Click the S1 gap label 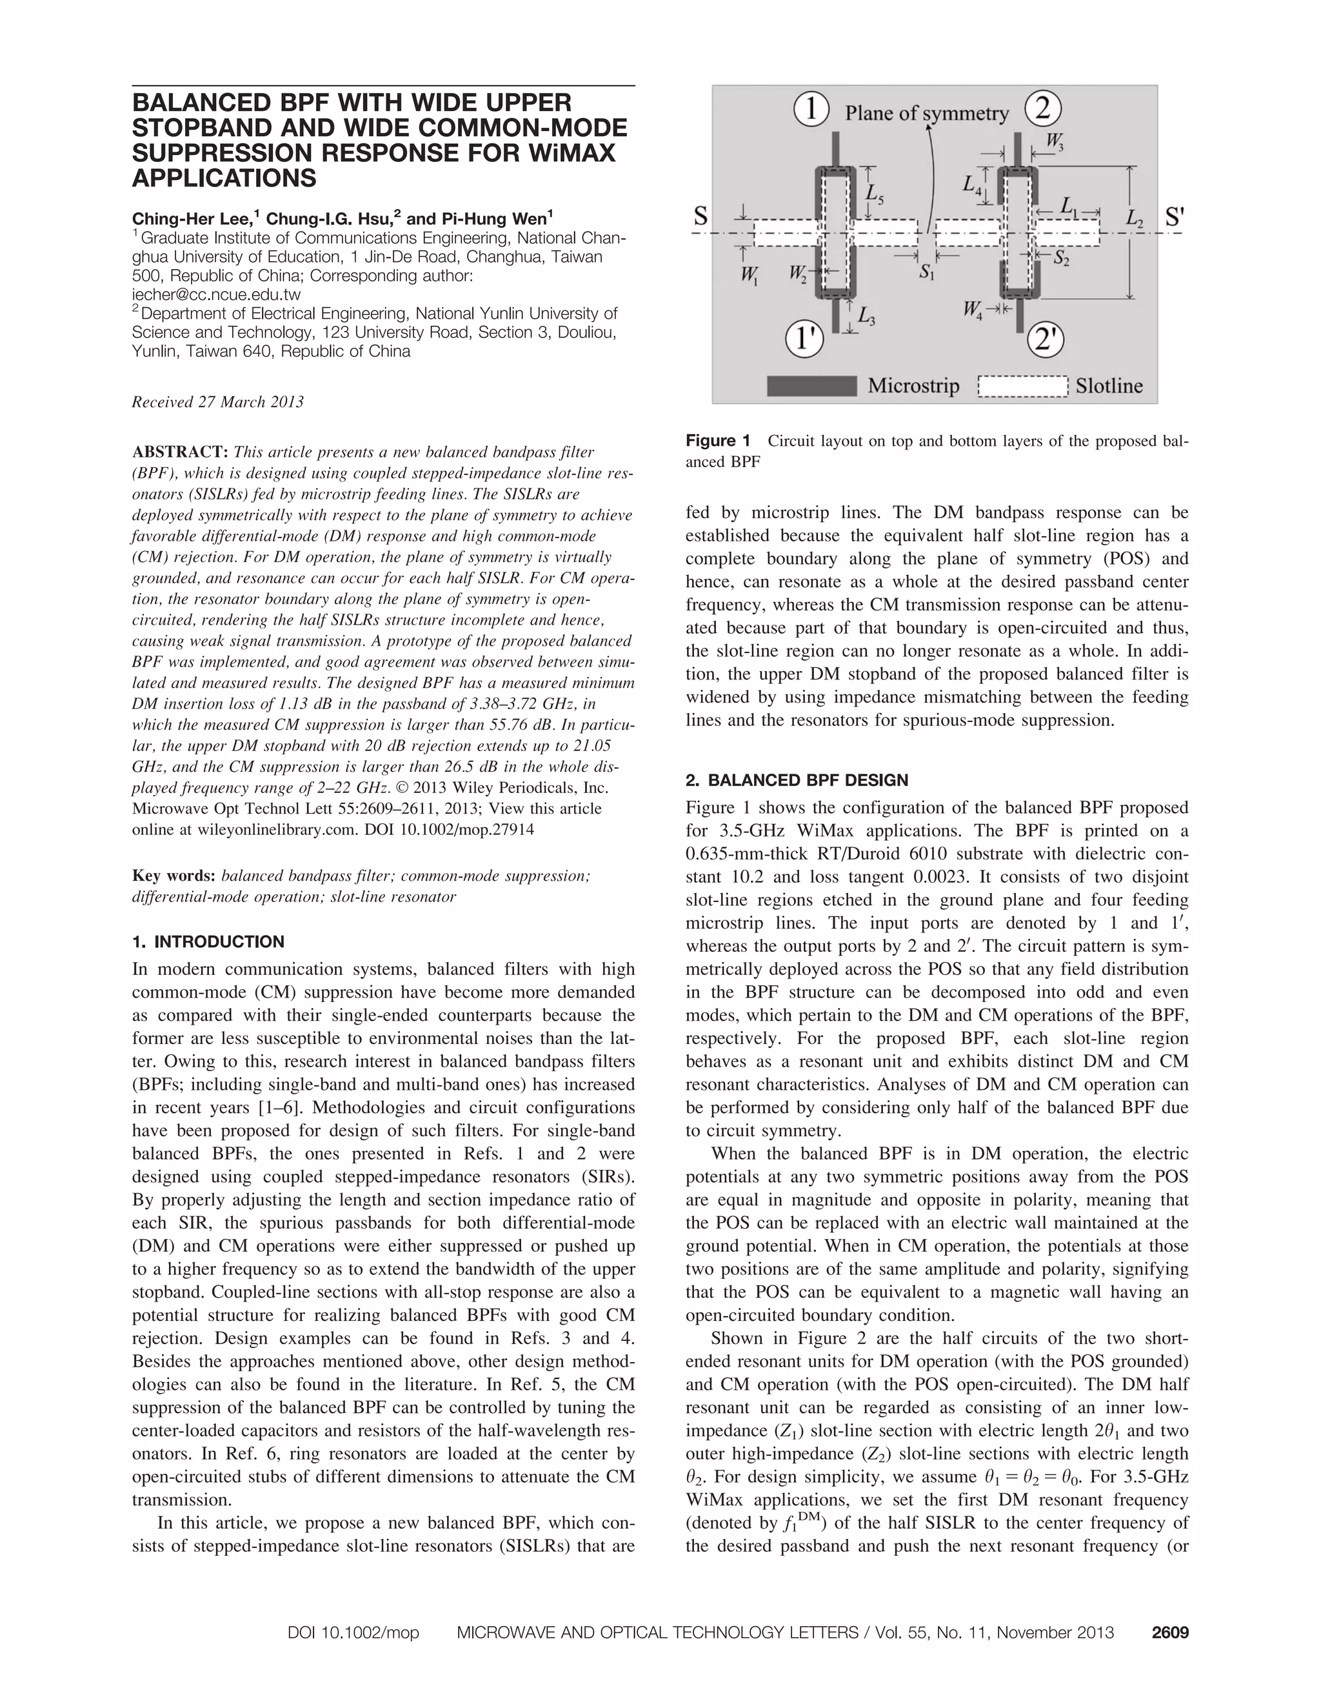[927, 272]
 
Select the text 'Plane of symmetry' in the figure [926, 114]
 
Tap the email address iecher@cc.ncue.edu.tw [216, 295]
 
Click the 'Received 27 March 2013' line [218, 402]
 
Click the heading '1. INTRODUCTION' [208, 942]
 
